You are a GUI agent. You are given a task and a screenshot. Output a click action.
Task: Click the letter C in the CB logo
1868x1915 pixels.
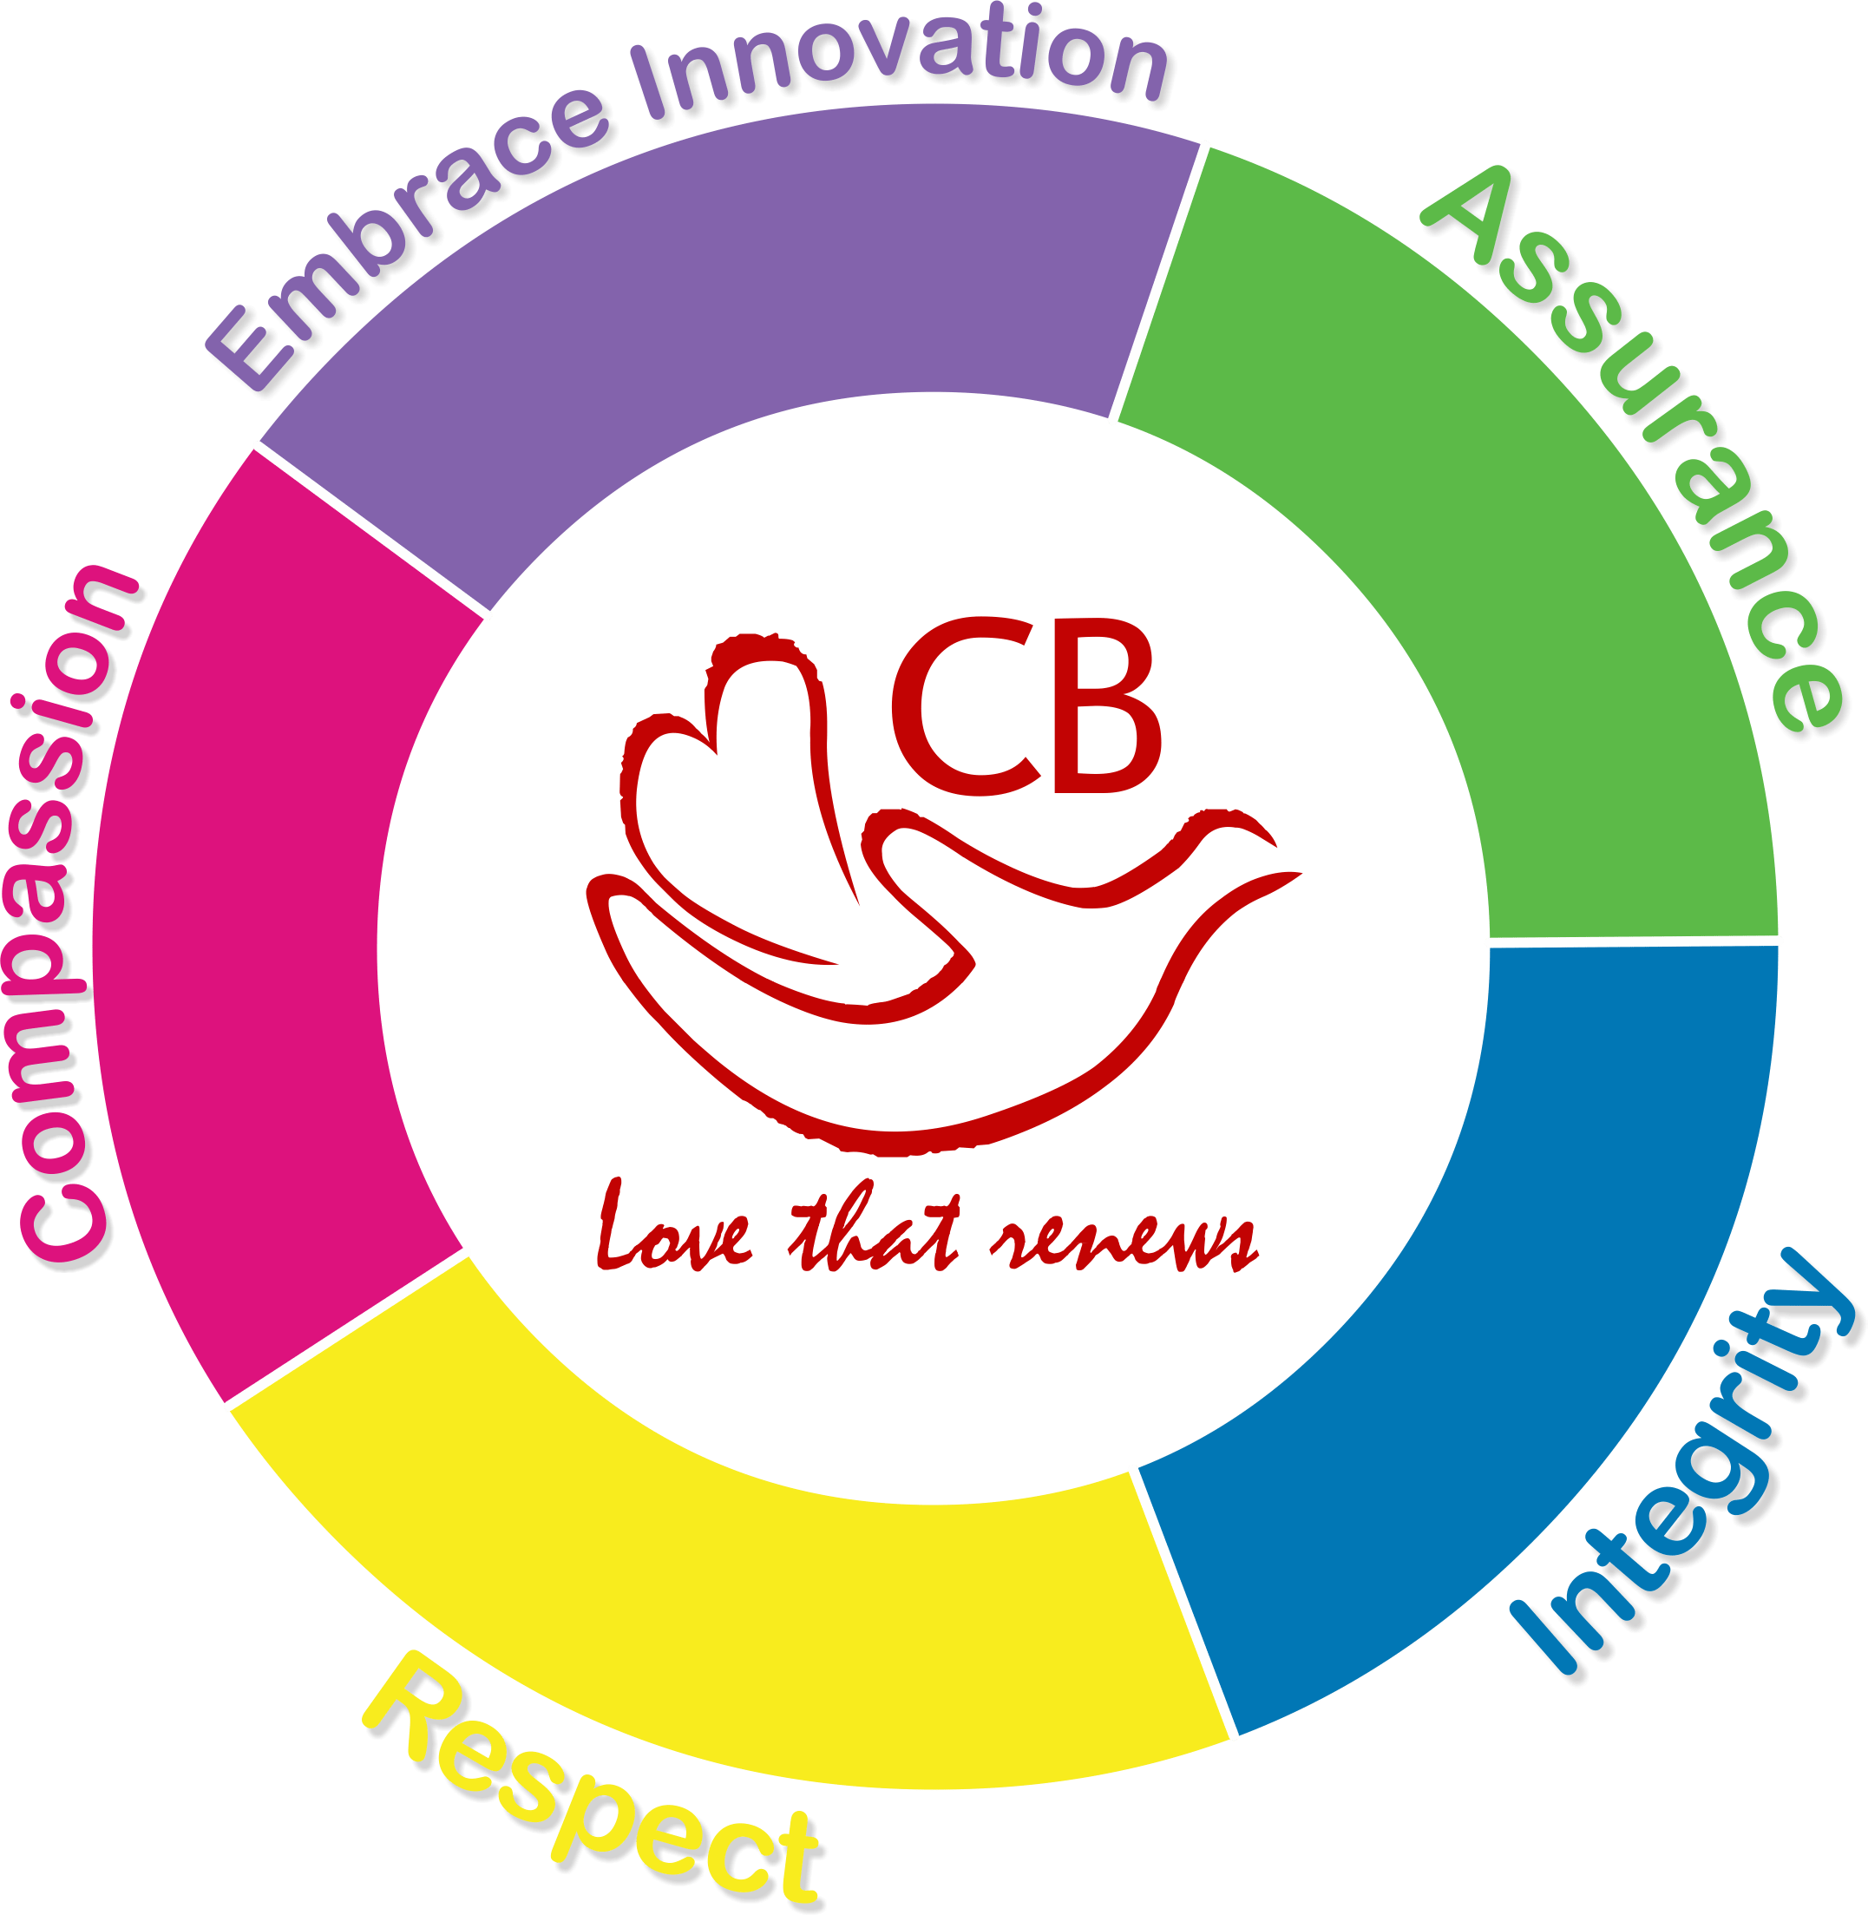pyautogui.click(x=965, y=705)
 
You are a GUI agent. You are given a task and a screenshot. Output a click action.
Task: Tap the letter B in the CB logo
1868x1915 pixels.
pyautogui.click(x=1107, y=705)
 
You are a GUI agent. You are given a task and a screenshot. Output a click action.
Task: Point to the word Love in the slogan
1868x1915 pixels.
pyautogui.click(x=675, y=1230)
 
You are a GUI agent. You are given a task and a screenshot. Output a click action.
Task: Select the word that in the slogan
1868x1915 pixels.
pyautogui.click(x=873, y=1226)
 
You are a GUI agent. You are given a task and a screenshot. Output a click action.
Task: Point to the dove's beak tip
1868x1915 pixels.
pyautogui.click(x=1301, y=873)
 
